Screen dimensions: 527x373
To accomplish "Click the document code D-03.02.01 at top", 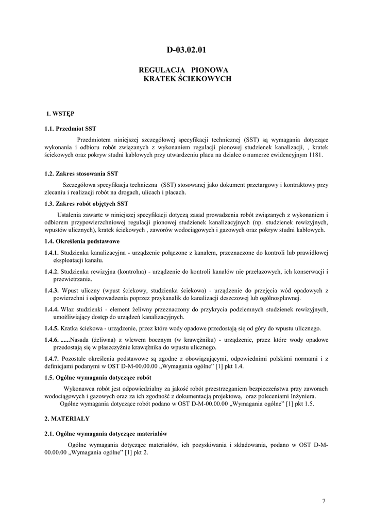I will coord(186,50).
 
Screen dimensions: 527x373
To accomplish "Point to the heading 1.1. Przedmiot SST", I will coord(71,128).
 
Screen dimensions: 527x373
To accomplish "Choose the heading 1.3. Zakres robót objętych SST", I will coord(87,204).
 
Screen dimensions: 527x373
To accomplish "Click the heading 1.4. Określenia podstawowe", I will coord(82,241).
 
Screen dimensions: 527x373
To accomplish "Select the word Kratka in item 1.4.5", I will coord(71,328).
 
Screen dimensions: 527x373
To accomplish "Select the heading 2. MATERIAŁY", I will coord(67,419).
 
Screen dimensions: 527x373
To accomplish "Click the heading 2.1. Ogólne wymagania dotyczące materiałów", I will coord(106,434).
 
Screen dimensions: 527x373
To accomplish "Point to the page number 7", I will coord(324,501).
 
